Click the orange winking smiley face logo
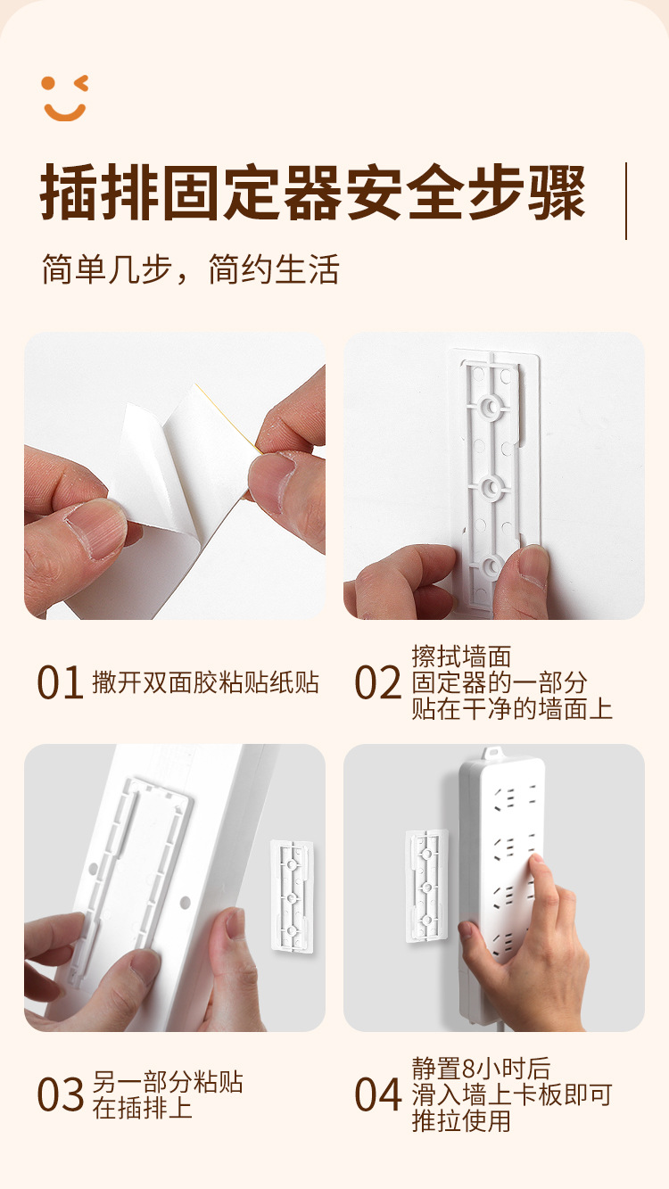[65, 98]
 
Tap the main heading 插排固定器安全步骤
[313, 192]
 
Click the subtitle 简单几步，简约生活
[190, 269]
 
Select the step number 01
[60, 682]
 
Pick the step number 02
[378, 682]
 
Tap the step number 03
[60, 1094]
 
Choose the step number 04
[378, 1094]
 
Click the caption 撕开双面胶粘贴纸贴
[205, 682]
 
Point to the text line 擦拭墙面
[461, 656]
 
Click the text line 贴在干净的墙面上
[512, 708]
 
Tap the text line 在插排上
[143, 1108]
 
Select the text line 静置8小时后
[481, 1069]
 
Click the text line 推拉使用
[461, 1121]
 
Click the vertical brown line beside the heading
[626, 202]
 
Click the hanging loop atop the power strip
[492, 752]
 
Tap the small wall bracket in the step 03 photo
[291, 896]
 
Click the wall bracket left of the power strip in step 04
[426, 886]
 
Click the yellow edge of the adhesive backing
[228, 419]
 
